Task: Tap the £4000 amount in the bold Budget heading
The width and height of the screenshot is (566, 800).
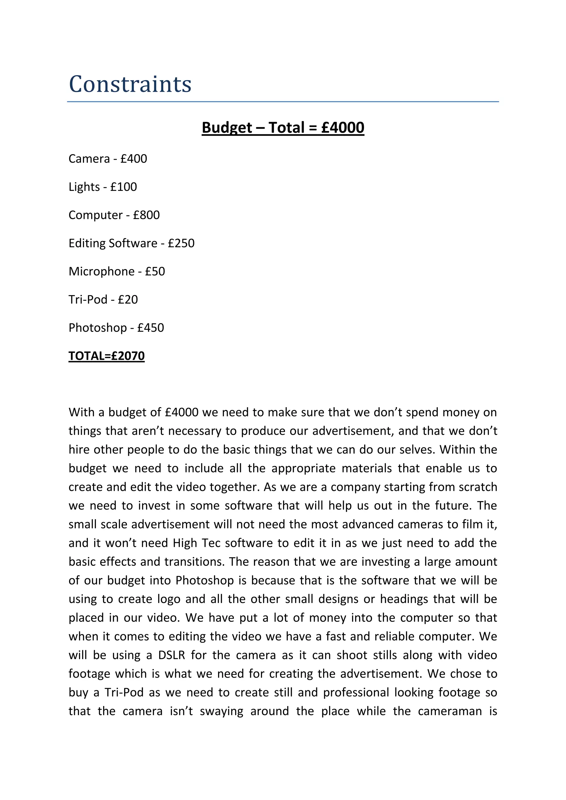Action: [343, 128]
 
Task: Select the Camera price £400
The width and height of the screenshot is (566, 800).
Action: [134, 159]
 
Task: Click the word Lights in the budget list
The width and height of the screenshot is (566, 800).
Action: [84, 187]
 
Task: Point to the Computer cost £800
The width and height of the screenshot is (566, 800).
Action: [146, 215]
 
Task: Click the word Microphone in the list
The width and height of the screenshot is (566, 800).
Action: [101, 272]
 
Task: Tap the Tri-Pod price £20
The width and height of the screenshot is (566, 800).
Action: [128, 300]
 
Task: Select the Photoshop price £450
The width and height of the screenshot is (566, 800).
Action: [151, 328]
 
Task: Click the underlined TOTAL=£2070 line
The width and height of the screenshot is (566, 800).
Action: [106, 356]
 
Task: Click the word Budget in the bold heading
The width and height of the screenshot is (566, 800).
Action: [227, 128]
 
